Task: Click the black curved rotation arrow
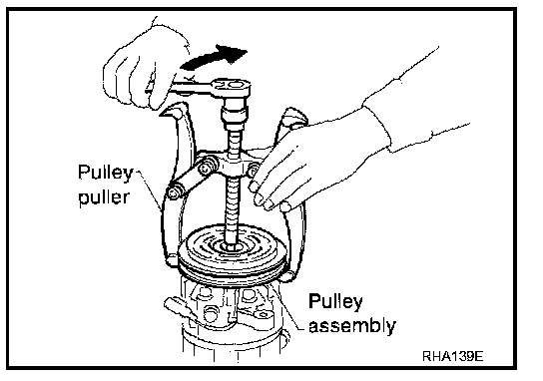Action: point(212,58)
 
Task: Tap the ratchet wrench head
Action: point(231,87)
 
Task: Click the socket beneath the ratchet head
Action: point(235,111)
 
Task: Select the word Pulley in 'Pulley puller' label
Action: point(105,172)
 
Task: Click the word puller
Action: point(104,197)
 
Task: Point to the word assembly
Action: point(352,325)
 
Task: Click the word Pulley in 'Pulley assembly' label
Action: point(335,301)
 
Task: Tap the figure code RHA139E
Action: point(452,356)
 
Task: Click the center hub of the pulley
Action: point(232,246)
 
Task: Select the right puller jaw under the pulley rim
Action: point(288,276)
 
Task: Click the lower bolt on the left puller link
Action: point(174,191)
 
